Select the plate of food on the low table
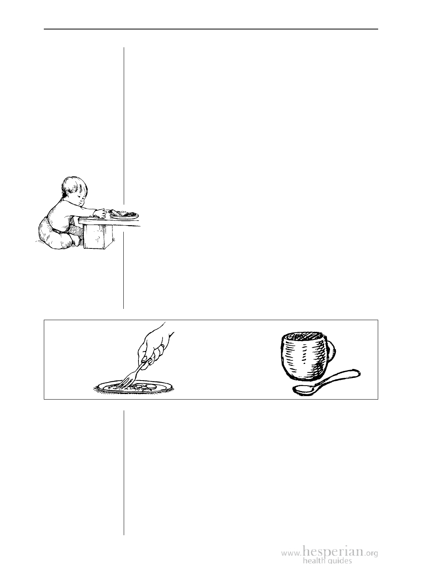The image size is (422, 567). point(124,214)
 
